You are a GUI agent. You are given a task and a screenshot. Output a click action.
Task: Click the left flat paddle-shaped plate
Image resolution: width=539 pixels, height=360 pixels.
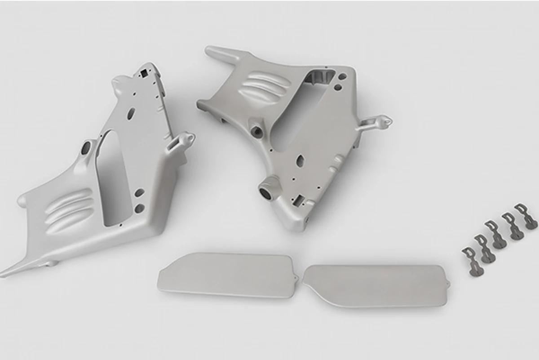tap(225, 274)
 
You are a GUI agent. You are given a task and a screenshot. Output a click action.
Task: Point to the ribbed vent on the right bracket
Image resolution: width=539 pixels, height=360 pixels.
tap(263, 86)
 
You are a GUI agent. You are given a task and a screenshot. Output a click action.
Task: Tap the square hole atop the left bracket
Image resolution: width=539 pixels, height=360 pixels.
tap(143, 72)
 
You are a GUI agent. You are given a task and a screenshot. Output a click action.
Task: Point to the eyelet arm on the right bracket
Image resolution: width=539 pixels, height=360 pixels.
tap(377, 122)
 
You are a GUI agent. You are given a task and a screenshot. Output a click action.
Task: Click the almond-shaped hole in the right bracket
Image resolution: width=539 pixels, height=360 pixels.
tap(300, 160)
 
